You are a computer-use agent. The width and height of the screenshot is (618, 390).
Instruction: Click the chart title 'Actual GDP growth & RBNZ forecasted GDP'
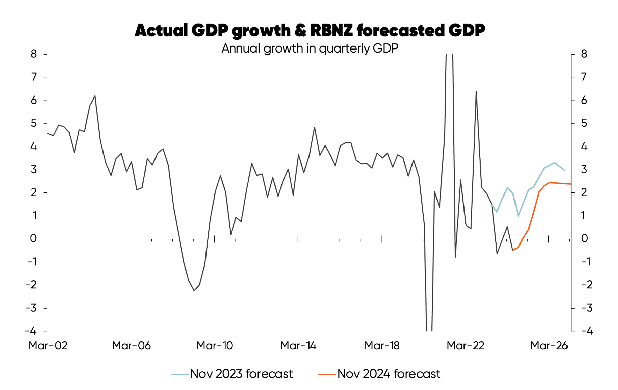(x=310, y=31)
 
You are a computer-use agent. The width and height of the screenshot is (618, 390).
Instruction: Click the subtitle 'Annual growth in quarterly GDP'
(x=310, y=48)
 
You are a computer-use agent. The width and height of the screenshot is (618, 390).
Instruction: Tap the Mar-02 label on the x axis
(x=48, y=346)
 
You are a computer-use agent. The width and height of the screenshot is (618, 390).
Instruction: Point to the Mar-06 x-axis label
(x=131, y=346)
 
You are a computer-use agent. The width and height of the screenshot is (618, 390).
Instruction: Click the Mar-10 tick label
(x=215, y=346)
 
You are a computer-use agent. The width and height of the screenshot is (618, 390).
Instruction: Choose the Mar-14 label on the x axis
(x=299, y=346)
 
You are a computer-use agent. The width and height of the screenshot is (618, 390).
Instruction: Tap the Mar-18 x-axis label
(x=383, y=346)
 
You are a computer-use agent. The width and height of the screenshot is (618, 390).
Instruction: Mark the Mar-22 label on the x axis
(x=467, y=346)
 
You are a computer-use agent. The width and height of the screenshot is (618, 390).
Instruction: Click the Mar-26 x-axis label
(x=550, y=346)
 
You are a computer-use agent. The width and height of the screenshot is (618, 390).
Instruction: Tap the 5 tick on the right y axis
(x=584, y=123)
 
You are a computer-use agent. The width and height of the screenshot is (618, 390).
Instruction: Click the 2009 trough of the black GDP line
(x=194, y=290)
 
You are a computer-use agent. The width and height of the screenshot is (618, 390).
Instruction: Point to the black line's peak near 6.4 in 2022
(x=476, y=91)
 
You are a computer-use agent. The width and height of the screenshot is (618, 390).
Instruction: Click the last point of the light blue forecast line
(x=565, y=170)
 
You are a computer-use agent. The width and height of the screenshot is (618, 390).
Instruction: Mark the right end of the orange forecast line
(x=571, y=184)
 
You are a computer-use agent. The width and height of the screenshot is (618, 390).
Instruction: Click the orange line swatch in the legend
(x=327, y=374)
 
